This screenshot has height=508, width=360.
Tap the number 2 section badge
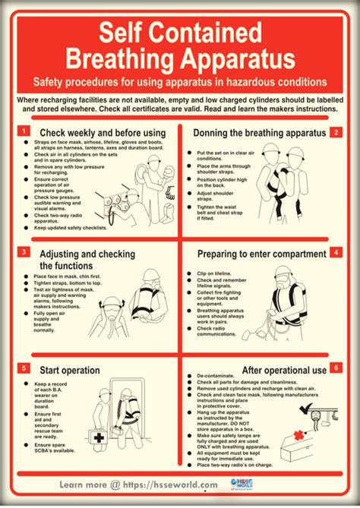334,132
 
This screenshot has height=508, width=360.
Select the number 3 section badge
26,252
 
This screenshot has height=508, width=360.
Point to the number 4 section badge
334,252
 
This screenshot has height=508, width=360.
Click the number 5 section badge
26,368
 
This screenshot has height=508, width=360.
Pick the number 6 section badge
334,368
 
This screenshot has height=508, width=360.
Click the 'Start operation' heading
70,370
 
